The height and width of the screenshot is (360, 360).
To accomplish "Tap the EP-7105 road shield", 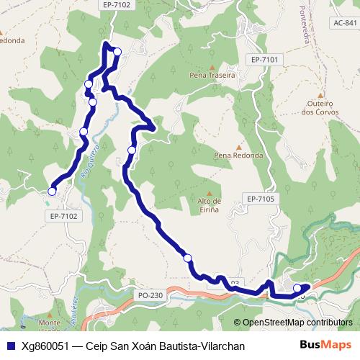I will tap(260, 199).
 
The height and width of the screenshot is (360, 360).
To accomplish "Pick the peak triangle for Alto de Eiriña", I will tap(210, 192).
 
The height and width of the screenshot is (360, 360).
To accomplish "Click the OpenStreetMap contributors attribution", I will tap(297, 323).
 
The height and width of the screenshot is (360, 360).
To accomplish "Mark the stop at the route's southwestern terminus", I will tap(52, 191).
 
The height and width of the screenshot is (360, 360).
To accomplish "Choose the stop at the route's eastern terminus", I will tap(297, 289).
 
